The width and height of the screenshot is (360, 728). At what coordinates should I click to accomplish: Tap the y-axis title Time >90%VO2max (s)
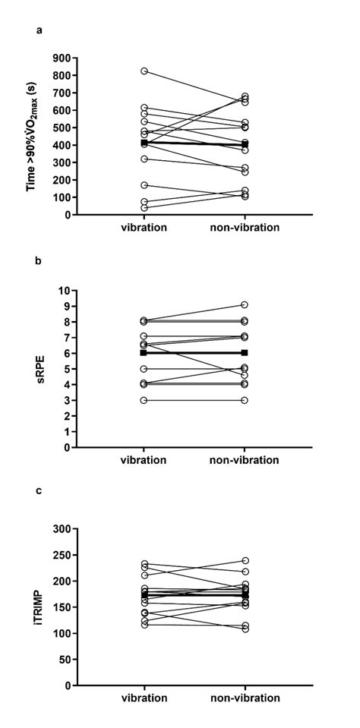click(32, 136)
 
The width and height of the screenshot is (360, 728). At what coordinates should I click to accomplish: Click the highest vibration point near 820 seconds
click(144, 71)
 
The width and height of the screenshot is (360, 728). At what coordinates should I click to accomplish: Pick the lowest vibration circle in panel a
click(144, 207)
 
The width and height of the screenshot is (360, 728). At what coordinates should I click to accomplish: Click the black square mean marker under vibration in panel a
click(144, 143)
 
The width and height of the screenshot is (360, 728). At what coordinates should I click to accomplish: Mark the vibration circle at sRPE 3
click(144, 400)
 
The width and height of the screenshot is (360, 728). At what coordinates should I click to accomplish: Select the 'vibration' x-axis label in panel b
click(144, 460)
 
